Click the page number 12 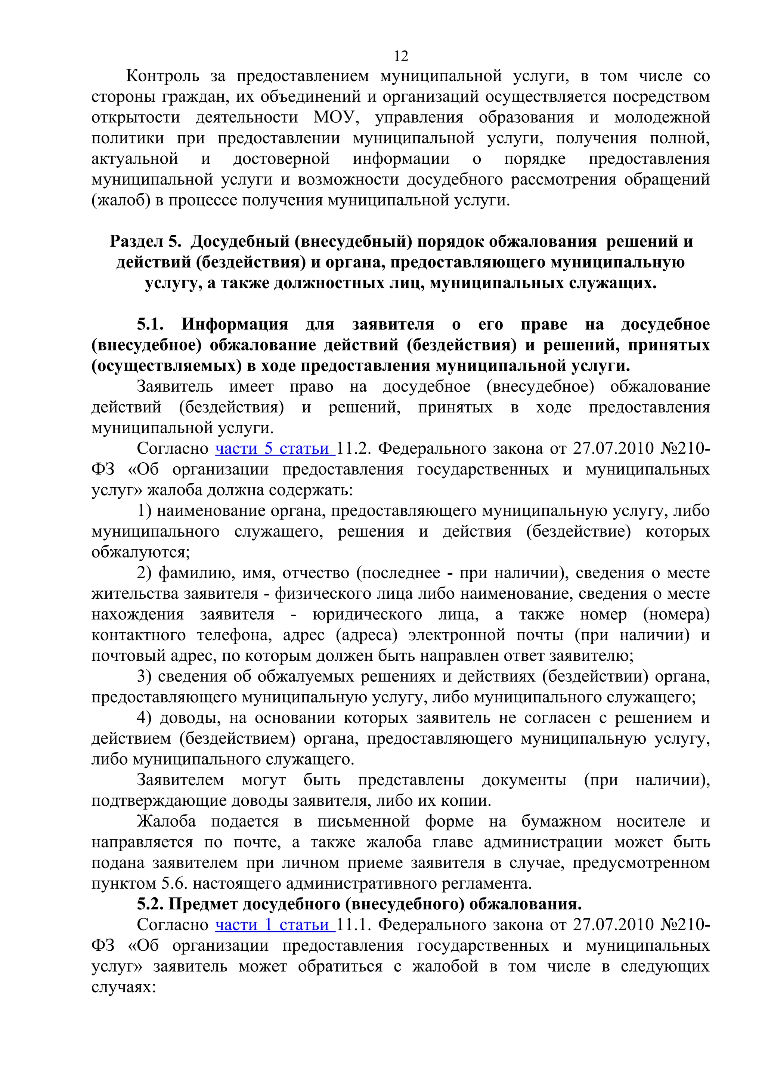401,56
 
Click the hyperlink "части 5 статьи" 275,448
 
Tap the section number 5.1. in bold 151,324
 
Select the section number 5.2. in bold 151,904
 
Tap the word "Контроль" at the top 162,76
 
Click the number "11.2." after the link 353,448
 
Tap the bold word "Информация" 235,324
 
